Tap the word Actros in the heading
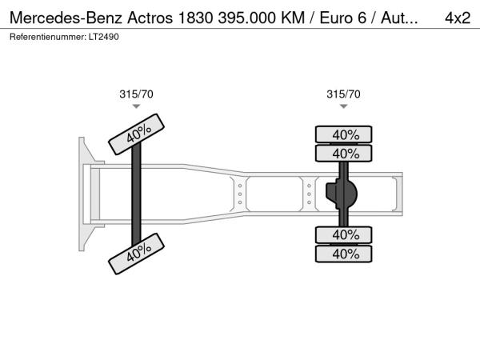tap(150, 18)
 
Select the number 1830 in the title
tap(195, 18)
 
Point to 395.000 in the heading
tap(246, 18)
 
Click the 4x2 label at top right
tap(458, 18)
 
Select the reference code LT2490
tap(104, 37)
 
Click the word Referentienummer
tap(48, 37)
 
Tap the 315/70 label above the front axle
tap(136, 94)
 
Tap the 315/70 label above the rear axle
tap(343, 94)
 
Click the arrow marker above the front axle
tap(136, 106)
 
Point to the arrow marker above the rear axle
tap(343, 106)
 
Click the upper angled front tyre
tap(137, 134)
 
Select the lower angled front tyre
tap(137, 254)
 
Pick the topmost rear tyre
tap(343, 134)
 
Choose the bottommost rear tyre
tap(343, 254)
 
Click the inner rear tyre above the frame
tap(343, 154)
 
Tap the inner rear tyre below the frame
tap(343, 234)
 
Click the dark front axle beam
tap(136, 194)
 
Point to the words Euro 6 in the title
tap(343, 18)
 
